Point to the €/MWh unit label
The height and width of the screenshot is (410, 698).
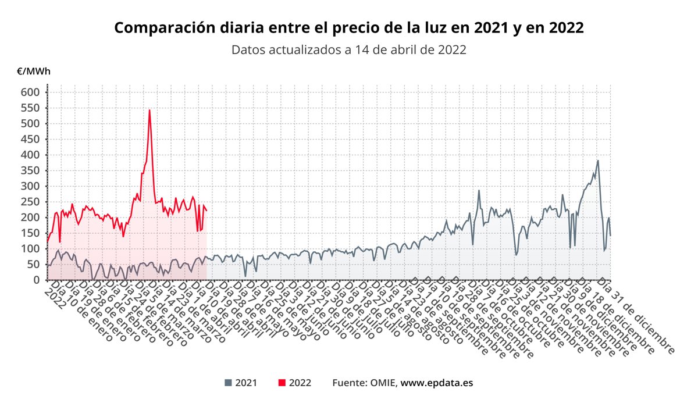(x=33, y=72)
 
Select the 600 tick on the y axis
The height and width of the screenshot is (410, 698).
(x=31, y=92)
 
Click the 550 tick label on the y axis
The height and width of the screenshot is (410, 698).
(x=31, y=108)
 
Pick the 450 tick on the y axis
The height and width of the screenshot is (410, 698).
(x=31, y=139)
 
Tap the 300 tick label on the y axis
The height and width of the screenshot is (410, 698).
(x=31, y=186)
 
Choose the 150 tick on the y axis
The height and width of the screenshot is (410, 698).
(x=31, y=233)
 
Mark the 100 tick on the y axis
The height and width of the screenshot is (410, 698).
(x=31, y=249)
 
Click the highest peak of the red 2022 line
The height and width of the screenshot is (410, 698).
(x=149, y=110)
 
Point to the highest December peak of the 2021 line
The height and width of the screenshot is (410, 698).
(x=597, y=161)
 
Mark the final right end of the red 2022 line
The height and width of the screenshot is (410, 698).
(x=206, y=211)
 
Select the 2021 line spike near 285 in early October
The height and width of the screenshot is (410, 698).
(x=479, y=191)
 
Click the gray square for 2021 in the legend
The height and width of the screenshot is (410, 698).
(x=228, y=383)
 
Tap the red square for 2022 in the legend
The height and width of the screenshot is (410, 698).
(x=282, y=383)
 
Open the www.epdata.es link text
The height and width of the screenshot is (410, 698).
(x=436, y=383)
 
